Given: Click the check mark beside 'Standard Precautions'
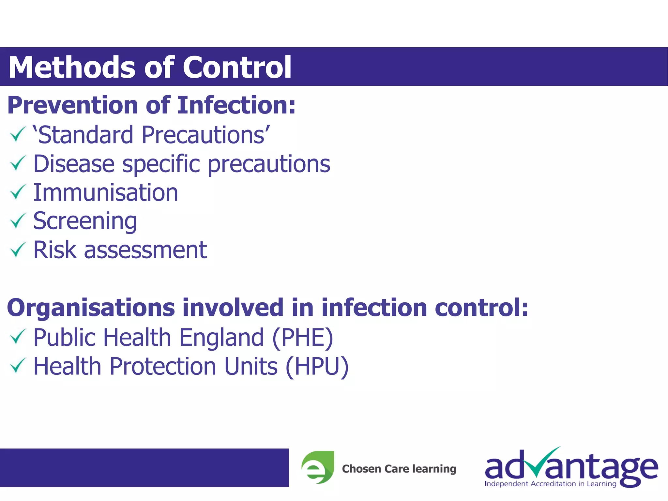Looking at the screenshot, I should [17, 134].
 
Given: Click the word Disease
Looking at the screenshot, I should [74, 163].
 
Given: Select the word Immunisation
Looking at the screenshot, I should [106, 192].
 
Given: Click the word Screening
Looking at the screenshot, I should [85, 221].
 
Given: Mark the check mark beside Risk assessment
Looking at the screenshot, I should [17, 250].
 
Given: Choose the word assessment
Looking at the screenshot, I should [145, 250].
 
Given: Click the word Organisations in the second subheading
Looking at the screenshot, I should [91, 308].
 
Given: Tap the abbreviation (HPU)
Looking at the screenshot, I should [317, 366].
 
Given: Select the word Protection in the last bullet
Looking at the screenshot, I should [163, 366].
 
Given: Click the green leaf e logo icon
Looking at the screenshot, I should [318, 467].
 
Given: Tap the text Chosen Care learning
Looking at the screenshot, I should [399, 469].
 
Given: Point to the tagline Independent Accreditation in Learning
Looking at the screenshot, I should [550, 484].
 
